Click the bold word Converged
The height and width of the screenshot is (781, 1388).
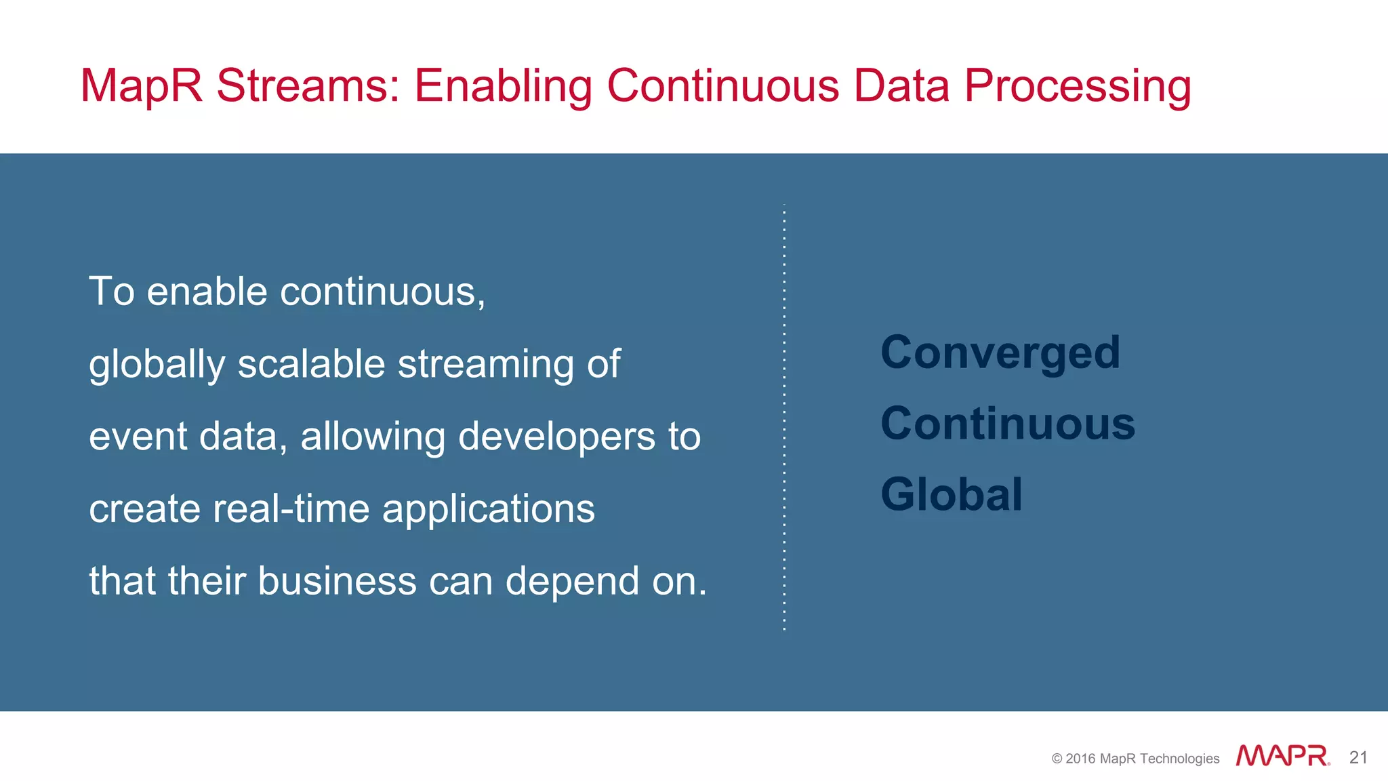point(1000,353)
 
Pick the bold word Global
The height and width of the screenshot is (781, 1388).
point(952,494)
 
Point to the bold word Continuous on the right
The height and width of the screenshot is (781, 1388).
point(1008,424)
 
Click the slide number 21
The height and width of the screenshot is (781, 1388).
point(1358,757)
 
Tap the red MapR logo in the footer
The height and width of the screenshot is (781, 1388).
point(1282,756)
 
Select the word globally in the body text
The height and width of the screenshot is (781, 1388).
point(157,365)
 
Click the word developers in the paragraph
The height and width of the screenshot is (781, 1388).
point(556,436)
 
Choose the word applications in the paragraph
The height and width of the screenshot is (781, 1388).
point(488,510)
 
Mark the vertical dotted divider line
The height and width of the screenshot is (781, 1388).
point(784,417)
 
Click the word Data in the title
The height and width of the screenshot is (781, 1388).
point(901,86)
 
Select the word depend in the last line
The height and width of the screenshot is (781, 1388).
point(572,582)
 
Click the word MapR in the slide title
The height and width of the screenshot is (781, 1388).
point(141,86)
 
